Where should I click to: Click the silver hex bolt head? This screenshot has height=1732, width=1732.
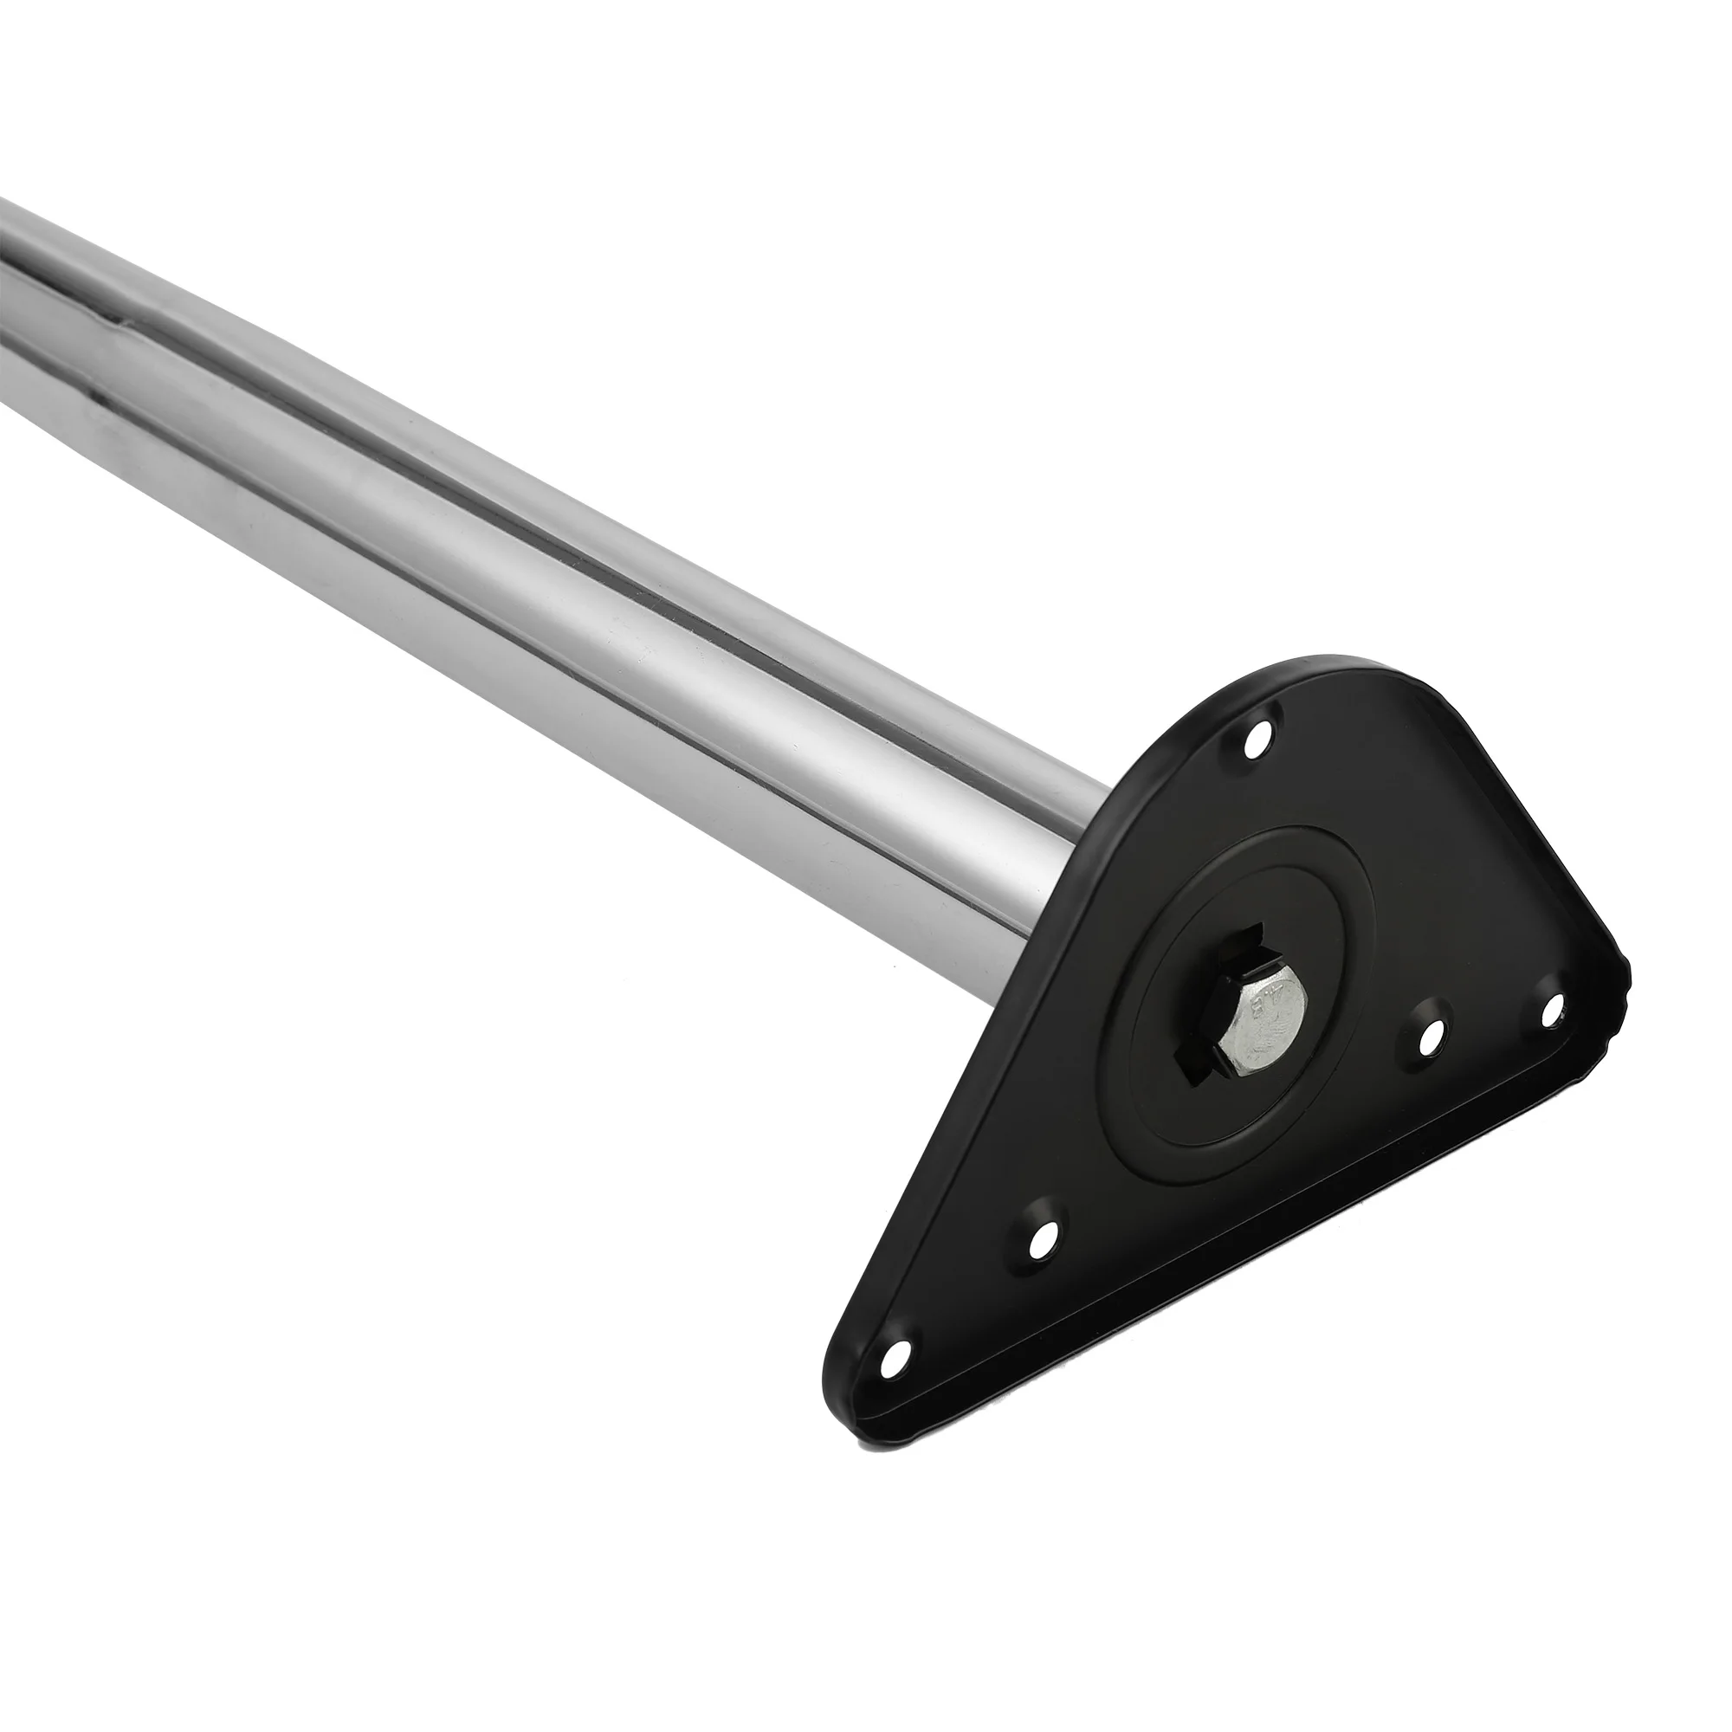(x=1260, y=1039)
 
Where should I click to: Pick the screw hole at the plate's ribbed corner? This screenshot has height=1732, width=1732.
(x=1552, y=1011)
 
